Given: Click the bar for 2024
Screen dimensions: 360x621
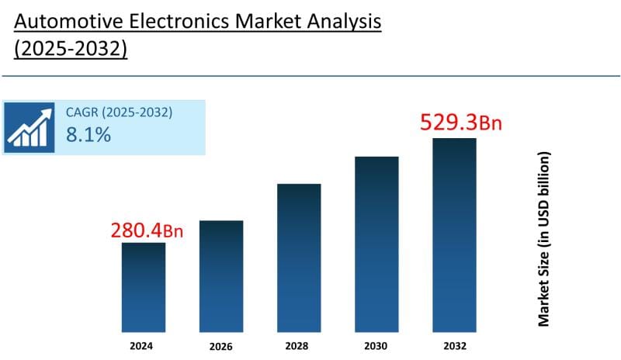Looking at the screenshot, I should [144, 287].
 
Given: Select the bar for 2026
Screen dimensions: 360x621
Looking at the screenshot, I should [221, 275].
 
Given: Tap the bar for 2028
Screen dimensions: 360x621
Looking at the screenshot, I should [299, 258].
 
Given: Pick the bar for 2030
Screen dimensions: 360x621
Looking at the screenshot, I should [376, 244].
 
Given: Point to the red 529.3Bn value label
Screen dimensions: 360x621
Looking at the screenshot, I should [454, 123].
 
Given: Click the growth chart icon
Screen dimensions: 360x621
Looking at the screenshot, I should [29, 126].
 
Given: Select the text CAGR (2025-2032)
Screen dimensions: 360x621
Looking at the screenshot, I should [119, 112].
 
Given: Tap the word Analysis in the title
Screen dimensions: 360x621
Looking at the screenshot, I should [342, 22].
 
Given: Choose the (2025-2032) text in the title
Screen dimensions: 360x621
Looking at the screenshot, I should [71, 48].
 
